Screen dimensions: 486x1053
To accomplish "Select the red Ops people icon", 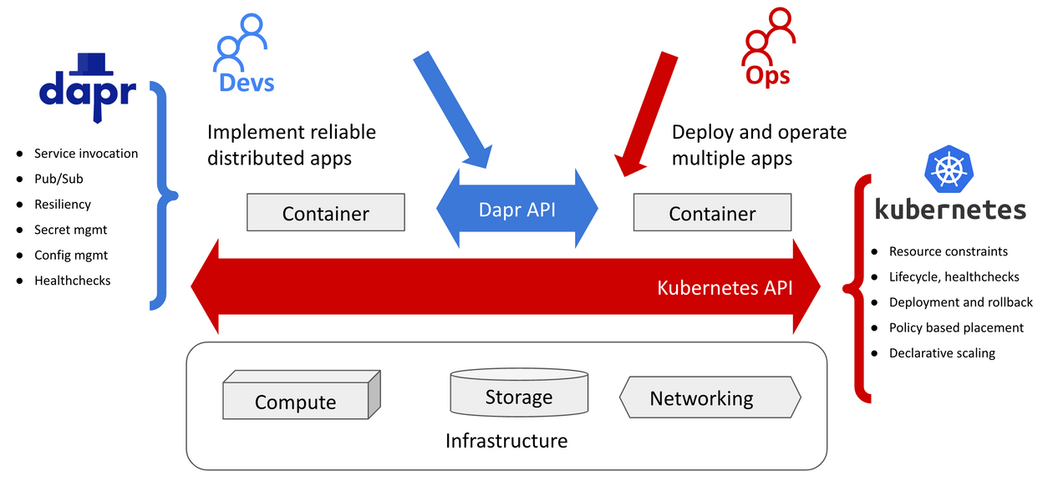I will [768, 38].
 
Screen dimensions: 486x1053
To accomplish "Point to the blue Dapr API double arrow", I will [517, 209].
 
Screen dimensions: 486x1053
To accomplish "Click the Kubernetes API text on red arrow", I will [725, 287].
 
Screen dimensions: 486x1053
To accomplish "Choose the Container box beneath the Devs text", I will [325, 213].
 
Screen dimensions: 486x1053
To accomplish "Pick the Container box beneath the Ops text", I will [712, 213].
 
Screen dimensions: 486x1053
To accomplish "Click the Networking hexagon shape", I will [710, 398].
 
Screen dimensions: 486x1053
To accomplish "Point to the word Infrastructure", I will [506, 440].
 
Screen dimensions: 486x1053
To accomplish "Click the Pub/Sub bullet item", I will [58, 179].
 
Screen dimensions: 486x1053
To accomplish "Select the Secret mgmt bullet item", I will [70, 230].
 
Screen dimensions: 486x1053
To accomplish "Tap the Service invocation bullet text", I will [85, 154].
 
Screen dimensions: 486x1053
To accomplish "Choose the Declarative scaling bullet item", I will [941, 353].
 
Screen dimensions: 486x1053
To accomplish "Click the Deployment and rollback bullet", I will [960, 302].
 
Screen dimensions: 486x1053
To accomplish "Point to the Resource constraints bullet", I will [948, 251].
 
